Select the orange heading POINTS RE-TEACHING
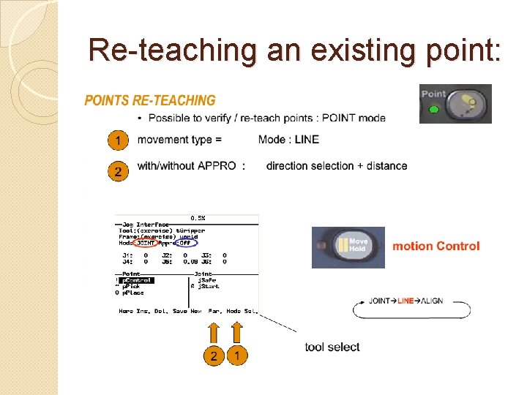click(150, 101)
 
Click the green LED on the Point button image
click(434, 110)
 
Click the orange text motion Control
click(436, 246)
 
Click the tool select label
click(332, 347)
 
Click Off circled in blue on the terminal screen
click(188, 243)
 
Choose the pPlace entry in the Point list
click(133, 293)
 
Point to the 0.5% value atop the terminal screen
click(198, 218)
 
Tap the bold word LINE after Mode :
click(307, 140)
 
